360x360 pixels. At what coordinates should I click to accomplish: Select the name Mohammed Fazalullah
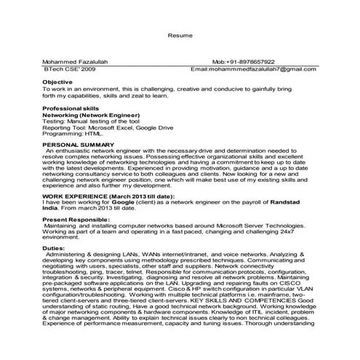75,63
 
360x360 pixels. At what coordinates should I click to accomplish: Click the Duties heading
55,248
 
